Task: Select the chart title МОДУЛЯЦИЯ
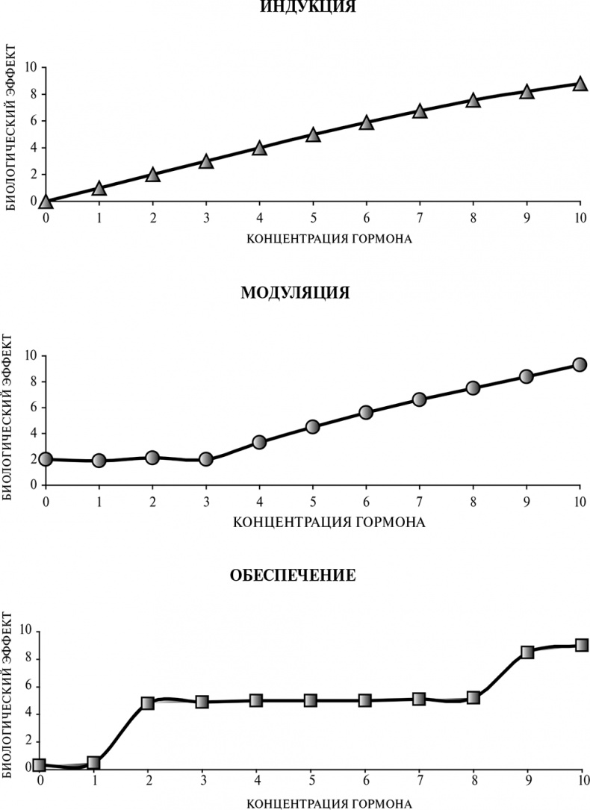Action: (295, 292)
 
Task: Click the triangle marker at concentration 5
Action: (313, 134)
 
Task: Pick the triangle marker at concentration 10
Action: (580, 84)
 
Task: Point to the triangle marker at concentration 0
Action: (46, 201)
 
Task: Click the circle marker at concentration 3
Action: (206, 459)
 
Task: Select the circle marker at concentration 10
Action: (580, 364)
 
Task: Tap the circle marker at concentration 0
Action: (46, 458)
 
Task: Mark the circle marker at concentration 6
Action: (366, 412)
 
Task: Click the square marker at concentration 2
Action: (147, 702)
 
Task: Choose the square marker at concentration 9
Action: (527, 651)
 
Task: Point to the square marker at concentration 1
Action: (93, 763)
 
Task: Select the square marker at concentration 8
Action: (473, 698)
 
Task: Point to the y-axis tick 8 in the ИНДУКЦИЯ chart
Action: (34, 94)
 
